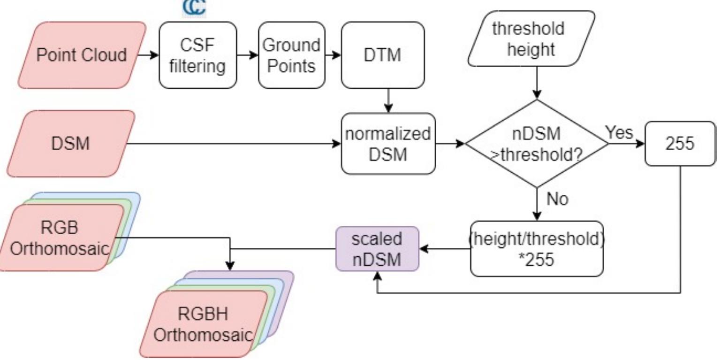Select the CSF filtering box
pyautogui.click(x=197, y=55)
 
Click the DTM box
pyautogui.click(x=382, y=55)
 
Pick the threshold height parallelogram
pyautogui.click(x=531, y=38)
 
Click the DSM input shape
pyautogui.click(x=70, y=144)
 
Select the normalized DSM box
pyautogui.click(x=387, y=144)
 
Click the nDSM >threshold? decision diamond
pyautogui.click(x=537, y=144)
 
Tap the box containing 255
pyautogui.click(x=680, y=144)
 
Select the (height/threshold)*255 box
pyautogui.click(x=537, y=249)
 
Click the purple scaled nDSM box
pyautogui.click(x=377, y=249)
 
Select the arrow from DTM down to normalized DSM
pyautogui.click(x=387, y=100)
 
